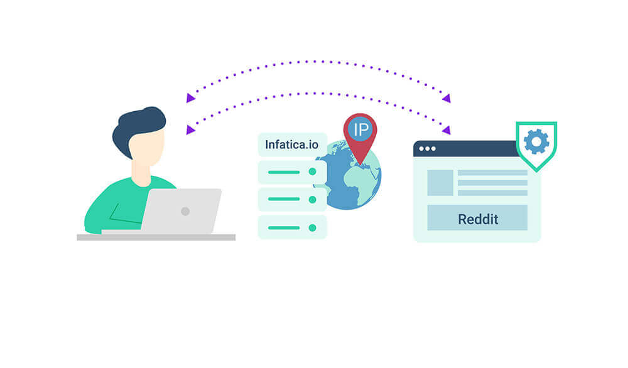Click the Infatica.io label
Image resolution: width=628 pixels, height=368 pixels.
pos(291,144)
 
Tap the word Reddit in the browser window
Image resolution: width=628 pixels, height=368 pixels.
pos(478,219)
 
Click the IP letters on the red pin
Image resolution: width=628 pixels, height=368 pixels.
pos(360,129)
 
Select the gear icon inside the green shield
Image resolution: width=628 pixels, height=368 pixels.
pos(536,141)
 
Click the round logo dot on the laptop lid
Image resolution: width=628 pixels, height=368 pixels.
pos(185,211)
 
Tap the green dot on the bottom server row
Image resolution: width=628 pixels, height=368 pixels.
pos(312,228)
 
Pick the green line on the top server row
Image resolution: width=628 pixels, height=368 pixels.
pos(284,172)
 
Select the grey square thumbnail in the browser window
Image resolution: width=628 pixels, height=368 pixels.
pos(440,183)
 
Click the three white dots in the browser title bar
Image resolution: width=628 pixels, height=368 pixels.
pos(427,149)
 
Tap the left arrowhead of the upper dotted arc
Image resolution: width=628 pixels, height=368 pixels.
pos(190,98)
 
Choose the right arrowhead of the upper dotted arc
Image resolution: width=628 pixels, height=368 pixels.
pos(447,98)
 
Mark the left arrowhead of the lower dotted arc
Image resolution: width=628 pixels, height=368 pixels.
pos(190,129)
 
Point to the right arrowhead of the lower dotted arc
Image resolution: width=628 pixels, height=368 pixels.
pos(447,129)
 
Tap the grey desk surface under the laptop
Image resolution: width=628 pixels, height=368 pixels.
pos(156,237)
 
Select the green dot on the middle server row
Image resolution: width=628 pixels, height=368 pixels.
pos(312,200)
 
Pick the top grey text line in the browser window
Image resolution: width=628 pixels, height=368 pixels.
pos(492,173)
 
